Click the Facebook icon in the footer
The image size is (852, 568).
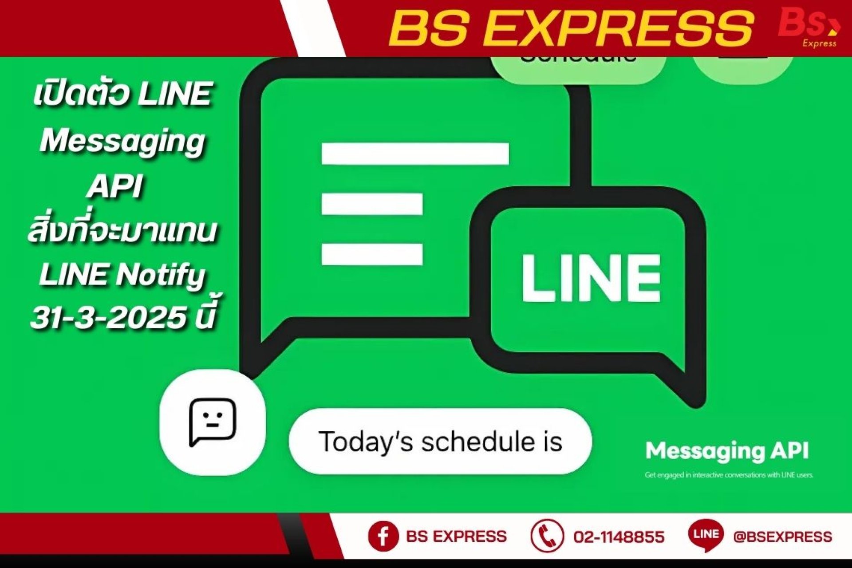[x=383, y=536]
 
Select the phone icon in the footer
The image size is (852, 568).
[x=547, y=536]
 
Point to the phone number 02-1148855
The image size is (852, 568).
[x=619, y=537]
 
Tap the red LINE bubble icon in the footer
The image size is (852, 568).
[x=706, y=535]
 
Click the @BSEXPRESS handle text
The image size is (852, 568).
[x=782, y=537]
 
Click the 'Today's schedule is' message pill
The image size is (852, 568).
[x=440, y=442]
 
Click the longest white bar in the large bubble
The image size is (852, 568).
[x=415, y=154]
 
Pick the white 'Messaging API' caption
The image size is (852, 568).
[x=727, y=451]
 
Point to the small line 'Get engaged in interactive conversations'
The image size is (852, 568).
[x=729, y=475]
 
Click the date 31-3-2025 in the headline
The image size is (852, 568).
[x=108, y=318]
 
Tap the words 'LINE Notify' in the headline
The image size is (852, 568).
[x=122, y=275]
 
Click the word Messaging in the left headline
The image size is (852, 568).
[x=122, y=141]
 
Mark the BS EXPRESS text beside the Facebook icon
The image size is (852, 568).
[x=456, y=536]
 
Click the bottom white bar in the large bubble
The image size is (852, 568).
[x=372, y=254]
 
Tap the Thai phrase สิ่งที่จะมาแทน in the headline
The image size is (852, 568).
[x=122, y=231]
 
